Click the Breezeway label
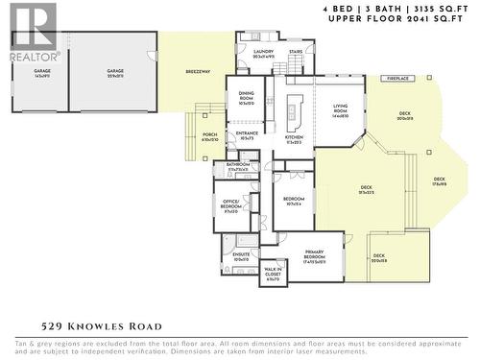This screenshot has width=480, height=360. tap(199, 73)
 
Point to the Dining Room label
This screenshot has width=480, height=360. tap(247, 96)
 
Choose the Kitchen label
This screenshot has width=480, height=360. tap(295, 140)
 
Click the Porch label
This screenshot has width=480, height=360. tap(209, 136)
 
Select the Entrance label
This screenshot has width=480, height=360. tap(248, 135)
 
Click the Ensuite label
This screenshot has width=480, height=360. tap(241, 256)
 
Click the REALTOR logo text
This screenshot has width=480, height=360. tap(29, 56)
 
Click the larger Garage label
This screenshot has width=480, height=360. tap(115, 72)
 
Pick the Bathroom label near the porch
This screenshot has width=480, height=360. tap(239, 165)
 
